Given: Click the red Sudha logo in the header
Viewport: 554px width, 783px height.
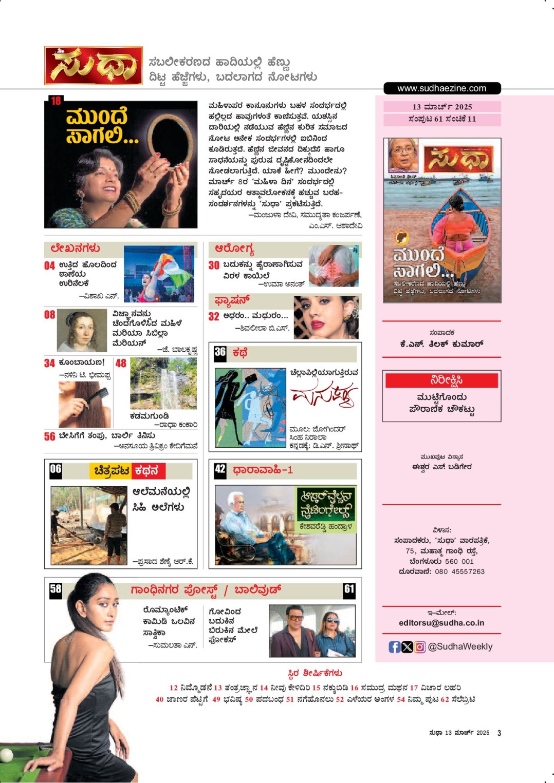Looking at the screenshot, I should [94, 66].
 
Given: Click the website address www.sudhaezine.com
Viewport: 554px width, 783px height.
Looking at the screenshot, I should [441, 88].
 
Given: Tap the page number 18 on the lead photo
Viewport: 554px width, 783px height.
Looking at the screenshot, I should [56, 101].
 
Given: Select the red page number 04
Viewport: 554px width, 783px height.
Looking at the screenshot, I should [49, 265].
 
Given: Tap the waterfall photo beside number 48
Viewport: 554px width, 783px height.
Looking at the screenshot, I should [163, 383].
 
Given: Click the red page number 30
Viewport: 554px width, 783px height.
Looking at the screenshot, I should [214, 265].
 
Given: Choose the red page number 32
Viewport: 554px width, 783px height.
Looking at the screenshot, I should [214, 316].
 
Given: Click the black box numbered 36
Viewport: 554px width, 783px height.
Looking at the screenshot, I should [220, 352].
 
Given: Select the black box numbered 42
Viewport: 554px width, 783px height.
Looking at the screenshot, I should [220, 469].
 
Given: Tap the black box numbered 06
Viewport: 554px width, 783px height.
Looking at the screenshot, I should [56, 469].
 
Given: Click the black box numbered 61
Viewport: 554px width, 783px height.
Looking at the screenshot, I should [349, 589].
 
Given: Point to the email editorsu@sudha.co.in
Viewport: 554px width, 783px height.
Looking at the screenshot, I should [441, 623].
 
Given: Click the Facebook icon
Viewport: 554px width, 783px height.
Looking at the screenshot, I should [394, 647].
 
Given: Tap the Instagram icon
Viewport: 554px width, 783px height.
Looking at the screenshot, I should [420, 647].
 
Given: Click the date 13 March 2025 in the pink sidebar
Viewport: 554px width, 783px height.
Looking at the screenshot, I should [442, 107].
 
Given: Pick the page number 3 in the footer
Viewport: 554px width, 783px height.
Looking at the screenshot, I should [499, 733].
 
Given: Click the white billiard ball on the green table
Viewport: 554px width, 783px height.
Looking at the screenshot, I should [6, 755].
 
